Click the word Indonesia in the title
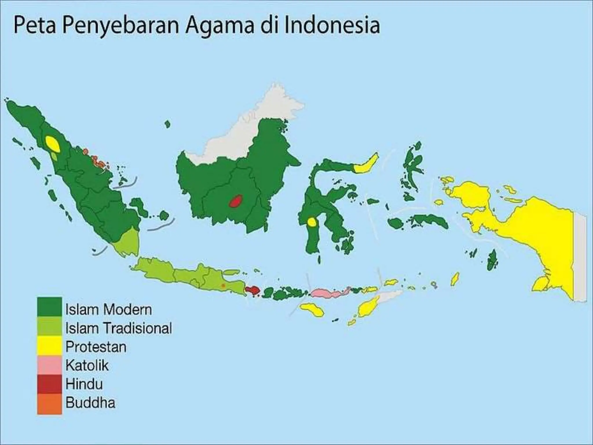332,25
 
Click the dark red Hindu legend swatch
49,384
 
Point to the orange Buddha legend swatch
49,404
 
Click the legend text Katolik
87,366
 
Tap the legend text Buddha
90,403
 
